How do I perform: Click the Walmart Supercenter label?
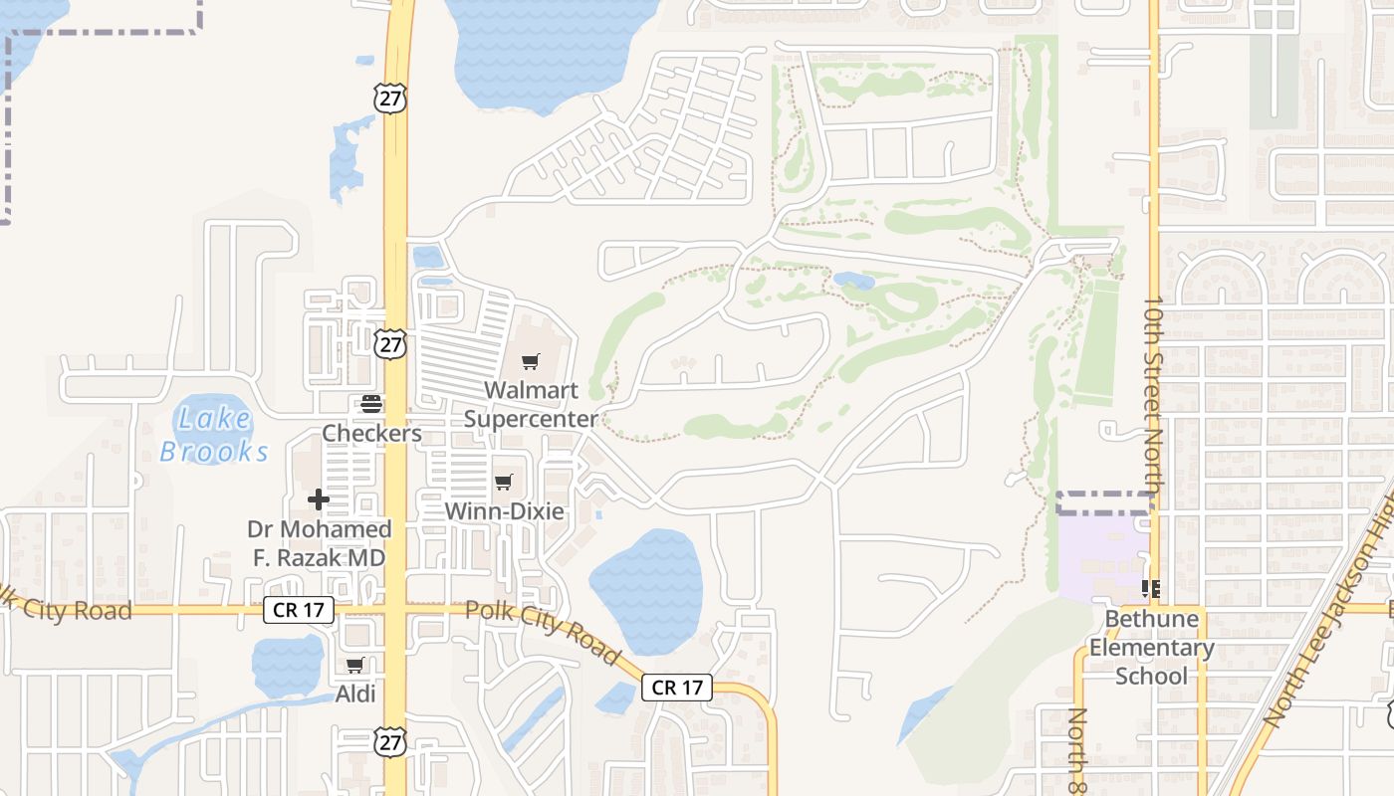click(x=531, y=404)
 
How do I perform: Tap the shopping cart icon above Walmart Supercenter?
click(x=531, y=362)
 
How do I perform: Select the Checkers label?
click(x=371, y=434)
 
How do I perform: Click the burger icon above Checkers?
click(x=371, y=404)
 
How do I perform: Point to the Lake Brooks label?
click(x=214, y=435)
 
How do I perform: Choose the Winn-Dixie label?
click(x=504, y=511)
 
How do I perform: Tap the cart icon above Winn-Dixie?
click(x=504, y=483)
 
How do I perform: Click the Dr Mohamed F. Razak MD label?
click(x=319, y=543)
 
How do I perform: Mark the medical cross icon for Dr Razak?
click(x=319, y=498)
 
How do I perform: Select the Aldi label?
click(x=355, y=694)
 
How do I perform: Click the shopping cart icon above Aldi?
click(x=355, y=665)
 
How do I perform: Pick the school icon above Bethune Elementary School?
click(x=1151, y=589)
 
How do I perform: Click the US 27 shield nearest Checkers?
click(x=391, y=344)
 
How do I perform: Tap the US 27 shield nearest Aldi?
click(x=391, y=740)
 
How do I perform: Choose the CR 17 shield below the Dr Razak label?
click(x=298, y=610)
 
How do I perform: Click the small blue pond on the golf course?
click(x=853, y=282)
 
